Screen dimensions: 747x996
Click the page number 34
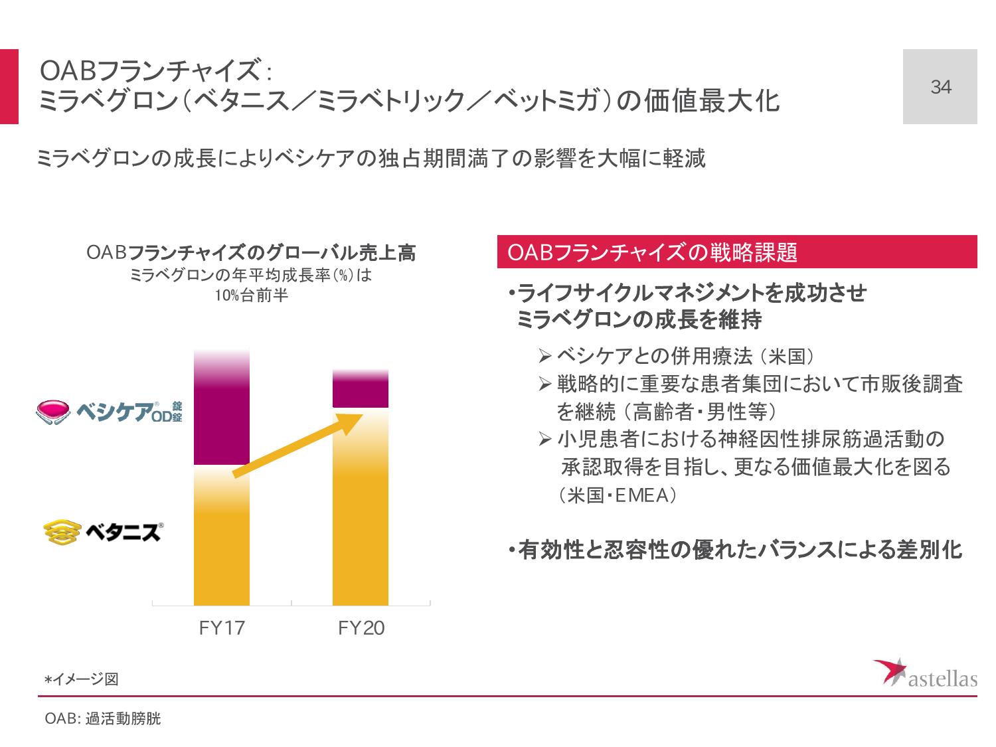click(940, 87)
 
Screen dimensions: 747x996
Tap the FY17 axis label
click(222, 628)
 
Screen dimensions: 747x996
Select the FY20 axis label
click(361, 628)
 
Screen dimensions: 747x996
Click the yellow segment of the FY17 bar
click(222, 538)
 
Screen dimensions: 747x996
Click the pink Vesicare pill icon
click(52, 412)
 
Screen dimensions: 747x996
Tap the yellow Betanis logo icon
click(60, 531)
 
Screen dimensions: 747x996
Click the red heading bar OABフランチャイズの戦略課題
click(737, 252)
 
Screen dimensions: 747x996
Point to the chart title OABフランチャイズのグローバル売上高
click(251, 253)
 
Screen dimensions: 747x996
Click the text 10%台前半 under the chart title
click(251, 296)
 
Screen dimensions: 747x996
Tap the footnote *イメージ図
click(81, 679)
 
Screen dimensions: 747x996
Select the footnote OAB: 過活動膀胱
click(102, 719)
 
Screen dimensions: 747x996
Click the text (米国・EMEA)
click(617, 495)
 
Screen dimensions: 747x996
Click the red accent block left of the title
click(9, 87)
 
